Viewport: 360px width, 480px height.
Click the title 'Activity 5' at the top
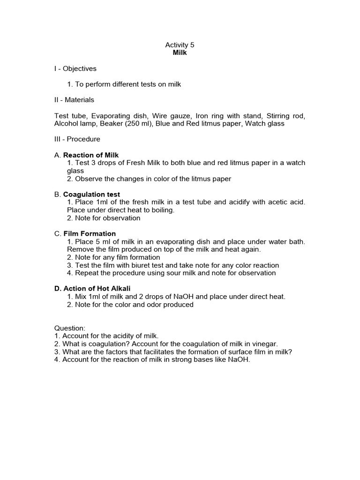180,45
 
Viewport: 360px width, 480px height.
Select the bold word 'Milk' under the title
180,52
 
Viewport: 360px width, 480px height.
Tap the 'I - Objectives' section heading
75,68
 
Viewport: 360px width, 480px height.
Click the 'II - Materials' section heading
74,100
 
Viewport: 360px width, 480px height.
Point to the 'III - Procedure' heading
77,139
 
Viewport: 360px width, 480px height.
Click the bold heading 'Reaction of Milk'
91,155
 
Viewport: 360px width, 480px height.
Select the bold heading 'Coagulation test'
91,195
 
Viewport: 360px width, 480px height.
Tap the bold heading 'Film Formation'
90,233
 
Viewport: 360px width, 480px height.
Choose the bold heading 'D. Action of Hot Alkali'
90,289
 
